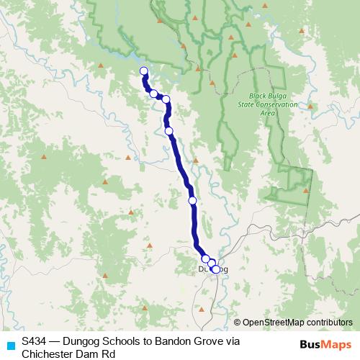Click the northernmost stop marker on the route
(143, 71)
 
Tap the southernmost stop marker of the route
(215, 269)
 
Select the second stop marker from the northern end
(153, 94)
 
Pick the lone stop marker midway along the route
(192, 201)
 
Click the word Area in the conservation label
(268, 113)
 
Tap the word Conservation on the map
(276, 104)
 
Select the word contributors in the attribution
(328, 323)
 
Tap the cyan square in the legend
(10, 345)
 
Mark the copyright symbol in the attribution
(237, 323)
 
